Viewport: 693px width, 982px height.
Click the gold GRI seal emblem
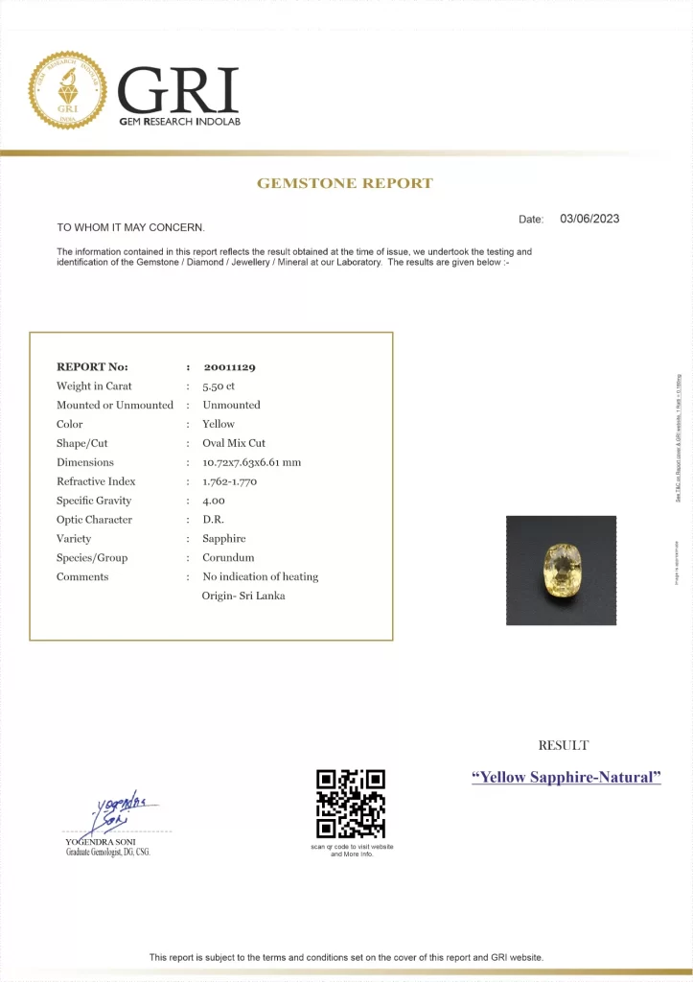click(x=67, y=91)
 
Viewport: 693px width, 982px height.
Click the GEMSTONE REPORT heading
click(x=345, y=183)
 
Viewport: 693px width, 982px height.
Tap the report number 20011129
click(x=229, y=367)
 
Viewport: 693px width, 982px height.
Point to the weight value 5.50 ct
click(x=219, y=386)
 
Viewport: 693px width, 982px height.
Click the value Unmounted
click(x=231, y=406)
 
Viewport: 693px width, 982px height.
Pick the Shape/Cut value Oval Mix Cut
click(x=234, y=444)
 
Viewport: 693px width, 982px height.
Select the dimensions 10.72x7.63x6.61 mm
click(x=251, y=462)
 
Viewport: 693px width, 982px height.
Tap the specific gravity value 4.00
click(x=213, y=501)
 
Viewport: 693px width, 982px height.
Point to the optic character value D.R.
click(x=212, y=520)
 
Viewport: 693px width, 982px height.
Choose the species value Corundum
click(x=228, y=558)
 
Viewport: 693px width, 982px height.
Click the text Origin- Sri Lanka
click(x=243, y=596)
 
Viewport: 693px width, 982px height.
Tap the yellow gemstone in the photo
click(x=561, y=570)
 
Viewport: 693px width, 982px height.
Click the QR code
click(x=351, y=804)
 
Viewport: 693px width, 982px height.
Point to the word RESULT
click(x=564, y=745)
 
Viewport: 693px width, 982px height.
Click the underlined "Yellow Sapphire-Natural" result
click(x=566, y=778)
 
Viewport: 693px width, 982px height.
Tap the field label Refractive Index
click(x=96, y=481)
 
